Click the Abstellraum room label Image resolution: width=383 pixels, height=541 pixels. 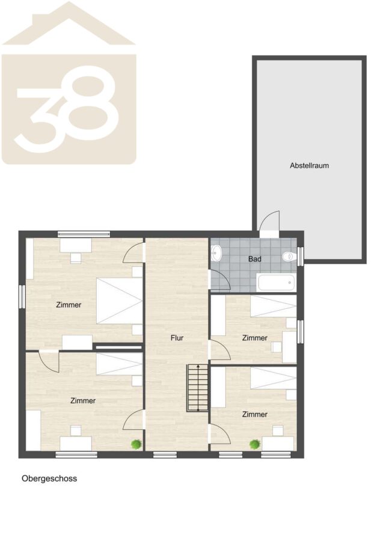click(x=309, y=166)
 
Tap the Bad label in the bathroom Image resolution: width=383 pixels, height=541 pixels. click(x=255, y=258)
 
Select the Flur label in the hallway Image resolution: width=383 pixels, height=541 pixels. click(x=177, y=338)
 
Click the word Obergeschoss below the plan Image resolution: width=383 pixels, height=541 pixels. click(x=49, y=478)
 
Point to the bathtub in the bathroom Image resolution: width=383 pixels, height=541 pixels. click(x=276, y=283)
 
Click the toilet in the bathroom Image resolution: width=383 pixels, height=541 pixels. click(x=289, y=256)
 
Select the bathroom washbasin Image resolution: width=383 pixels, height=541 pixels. click(x=216, y=252)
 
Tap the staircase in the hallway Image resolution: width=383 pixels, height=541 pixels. click(x=198, y=388)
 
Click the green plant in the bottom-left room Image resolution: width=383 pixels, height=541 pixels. click(x=136, y=444)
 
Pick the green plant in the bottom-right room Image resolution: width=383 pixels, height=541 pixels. click(x=255, y=444)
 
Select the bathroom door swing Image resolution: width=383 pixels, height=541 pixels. click(x=220, y=280)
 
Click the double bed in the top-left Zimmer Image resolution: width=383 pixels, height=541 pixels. click(x=120, y=301)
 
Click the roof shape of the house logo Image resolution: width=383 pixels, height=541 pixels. click(x=69, y=23)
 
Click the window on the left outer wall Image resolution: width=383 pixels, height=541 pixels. click(x=22, y=297)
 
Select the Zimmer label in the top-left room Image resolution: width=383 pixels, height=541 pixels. click(x=69, y=305)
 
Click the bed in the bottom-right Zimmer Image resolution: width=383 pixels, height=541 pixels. click(x=274, y=378)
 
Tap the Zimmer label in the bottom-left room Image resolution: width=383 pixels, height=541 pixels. click(x=83, y=401)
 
